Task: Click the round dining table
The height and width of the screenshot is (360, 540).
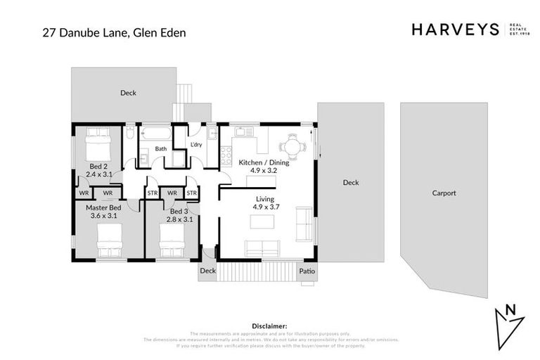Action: click(292, 147)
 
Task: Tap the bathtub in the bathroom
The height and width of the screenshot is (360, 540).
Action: click(155, 134)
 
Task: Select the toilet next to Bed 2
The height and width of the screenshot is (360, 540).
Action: click(130, 133)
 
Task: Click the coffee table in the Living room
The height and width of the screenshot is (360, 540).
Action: click(262, 222)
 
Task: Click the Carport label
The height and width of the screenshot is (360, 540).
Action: click(444, 193)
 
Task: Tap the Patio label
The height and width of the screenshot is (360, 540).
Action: click(307, 270)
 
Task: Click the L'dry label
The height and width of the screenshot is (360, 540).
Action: click(197, 145)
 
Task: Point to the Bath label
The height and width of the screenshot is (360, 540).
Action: click(161, 148)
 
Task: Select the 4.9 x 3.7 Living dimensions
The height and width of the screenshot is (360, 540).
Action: click(264, 207)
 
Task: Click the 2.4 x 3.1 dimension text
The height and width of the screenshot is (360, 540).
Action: click(99, 173)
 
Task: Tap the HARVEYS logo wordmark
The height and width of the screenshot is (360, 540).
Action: click(455, 30)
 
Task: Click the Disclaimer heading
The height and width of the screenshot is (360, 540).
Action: click(269, 326)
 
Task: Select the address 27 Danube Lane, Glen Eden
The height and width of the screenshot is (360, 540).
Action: click(109, 32)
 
